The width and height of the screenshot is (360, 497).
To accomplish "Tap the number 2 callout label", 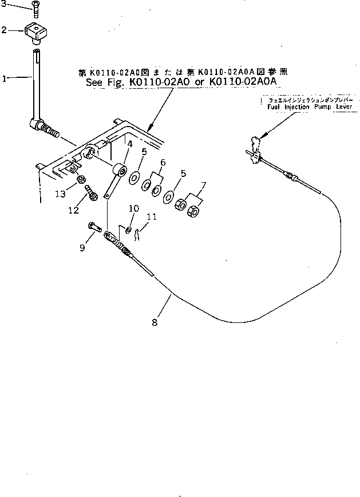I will pyautogui.click(x=5, y=30).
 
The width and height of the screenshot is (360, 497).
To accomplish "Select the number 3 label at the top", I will pyautogui.click(x=5, y=6).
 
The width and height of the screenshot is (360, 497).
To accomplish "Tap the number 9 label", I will pyautogui.click(x=81, y=247).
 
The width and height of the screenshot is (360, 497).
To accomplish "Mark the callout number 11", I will pyautogui.click(x=151, y=217).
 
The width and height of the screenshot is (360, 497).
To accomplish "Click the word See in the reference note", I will pyautogui.click(x=94, y=82).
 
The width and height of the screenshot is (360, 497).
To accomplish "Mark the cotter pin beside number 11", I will pyautogui.click(x=142, y=232).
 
